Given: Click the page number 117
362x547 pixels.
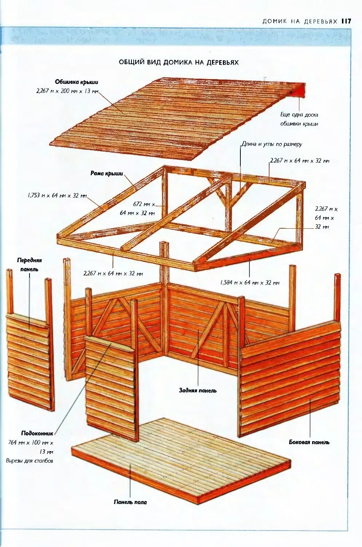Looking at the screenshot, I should click(x=346, y=21).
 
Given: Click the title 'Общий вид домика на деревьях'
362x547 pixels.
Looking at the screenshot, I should click(x=178, y=62).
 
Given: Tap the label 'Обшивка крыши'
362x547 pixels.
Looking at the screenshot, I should click(x=76, y=82).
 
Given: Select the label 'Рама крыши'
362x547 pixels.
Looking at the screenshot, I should click(x=107, y=174).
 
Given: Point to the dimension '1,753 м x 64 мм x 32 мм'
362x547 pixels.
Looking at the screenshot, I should click(x=57, y=195).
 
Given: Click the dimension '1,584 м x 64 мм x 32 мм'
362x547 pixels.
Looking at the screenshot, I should click(x=249, y=283).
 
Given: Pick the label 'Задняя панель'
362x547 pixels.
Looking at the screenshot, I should click(x=197, y=391).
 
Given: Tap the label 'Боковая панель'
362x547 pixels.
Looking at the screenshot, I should click(x=309, y=442).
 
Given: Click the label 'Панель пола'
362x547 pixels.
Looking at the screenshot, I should click(x=130, y=502).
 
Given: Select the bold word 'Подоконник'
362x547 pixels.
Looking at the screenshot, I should click(x=37, y=433).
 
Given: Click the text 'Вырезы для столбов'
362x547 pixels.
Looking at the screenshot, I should click(x=29, y=461).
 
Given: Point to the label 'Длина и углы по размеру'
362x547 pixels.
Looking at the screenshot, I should click(x=272, y=144).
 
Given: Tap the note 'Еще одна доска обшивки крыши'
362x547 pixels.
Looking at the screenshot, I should click(x=299, y=119).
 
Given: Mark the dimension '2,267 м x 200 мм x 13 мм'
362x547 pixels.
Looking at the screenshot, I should click(x=67, y=91).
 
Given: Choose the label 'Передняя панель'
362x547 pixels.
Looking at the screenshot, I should click(x=29, y=265).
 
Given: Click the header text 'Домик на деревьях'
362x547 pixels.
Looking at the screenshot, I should click(x=300, y=22).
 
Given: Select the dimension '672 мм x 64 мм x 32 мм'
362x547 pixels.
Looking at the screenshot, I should click(x=138, y=209).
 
